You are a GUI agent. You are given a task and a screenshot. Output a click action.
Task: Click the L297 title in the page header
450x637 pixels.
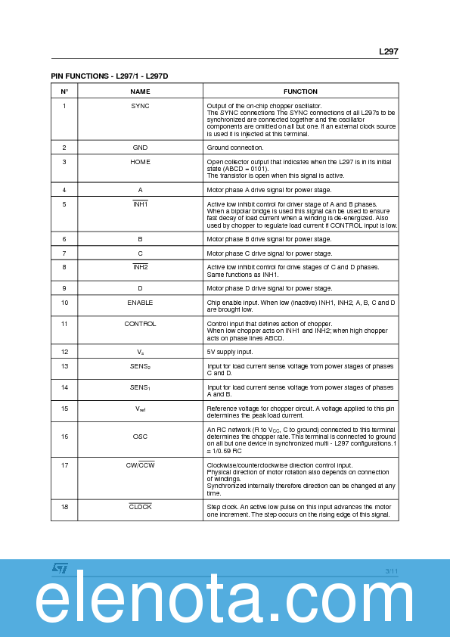(388, 52)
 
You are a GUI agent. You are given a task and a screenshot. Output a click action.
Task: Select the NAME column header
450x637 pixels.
(141, 92)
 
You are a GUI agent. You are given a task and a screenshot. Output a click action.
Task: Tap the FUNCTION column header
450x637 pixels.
(300, 92)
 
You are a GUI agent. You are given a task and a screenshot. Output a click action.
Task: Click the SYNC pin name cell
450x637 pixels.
(141, 106)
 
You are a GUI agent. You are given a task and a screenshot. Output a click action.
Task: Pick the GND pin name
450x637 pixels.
(141, 148)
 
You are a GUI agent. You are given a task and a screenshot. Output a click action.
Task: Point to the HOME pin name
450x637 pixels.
(141, 162)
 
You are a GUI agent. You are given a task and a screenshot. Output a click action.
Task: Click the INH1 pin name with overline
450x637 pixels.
(141, 204)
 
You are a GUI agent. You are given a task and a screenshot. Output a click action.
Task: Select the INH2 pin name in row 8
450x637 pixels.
(141, 267)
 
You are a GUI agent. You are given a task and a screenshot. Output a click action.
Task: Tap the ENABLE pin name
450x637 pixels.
(141, 303)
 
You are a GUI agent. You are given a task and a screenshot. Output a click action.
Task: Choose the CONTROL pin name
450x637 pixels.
(141, 324)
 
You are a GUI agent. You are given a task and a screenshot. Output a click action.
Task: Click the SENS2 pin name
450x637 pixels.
(141, 367)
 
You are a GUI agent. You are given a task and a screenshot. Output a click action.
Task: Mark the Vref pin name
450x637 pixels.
(141, 409)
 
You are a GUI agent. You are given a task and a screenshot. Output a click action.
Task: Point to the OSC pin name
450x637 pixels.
(141, 437)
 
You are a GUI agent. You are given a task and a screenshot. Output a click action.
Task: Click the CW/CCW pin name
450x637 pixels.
(141, 465)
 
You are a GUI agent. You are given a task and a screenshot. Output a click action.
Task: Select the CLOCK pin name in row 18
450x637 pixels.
(141, 507)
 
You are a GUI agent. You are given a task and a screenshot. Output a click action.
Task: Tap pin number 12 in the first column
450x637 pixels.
(64, 352)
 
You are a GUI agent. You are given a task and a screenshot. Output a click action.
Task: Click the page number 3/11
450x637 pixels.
(390, 570)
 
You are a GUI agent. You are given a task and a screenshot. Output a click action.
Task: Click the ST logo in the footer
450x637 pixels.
(60, 567)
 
